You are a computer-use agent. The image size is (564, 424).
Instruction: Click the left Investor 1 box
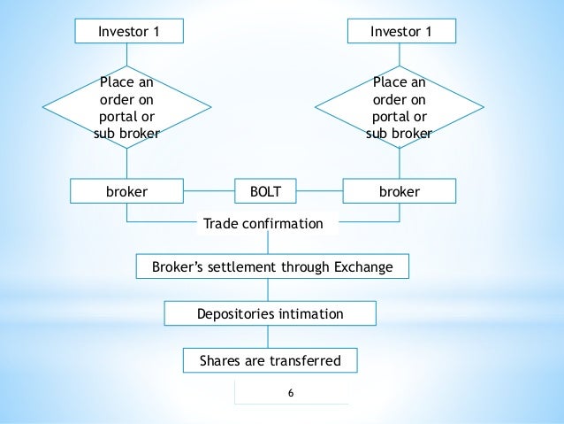pos(129,32)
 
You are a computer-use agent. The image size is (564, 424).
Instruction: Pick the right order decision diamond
pos(400,109)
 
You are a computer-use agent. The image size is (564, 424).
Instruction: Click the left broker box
pos(126,191)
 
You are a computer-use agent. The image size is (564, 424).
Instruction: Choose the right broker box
pos(400,191)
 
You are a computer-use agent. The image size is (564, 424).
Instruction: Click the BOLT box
pos(264,191)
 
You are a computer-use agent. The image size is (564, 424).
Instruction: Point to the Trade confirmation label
pos(263,224)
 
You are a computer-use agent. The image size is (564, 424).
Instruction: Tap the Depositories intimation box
pos(271,313)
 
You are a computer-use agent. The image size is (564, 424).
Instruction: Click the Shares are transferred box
pos(270,360)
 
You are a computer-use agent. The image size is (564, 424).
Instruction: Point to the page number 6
pos(291,394)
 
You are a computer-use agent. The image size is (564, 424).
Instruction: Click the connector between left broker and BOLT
pos(209,191)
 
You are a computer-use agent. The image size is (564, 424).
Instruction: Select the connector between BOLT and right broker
pos(319,191)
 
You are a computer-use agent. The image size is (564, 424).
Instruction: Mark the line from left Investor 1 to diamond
pos(129,54)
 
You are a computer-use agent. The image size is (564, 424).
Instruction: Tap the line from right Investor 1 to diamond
pos(400,54)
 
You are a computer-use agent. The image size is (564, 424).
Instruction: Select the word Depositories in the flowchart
pos(231,313)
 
